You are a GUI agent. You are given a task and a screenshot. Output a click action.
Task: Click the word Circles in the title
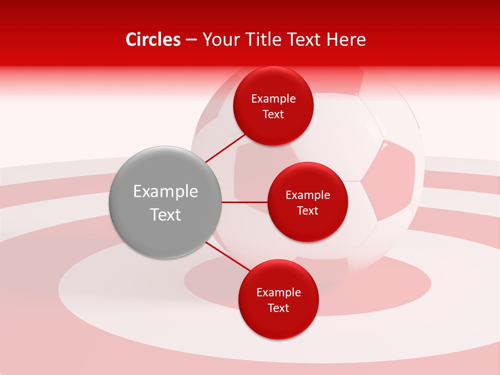[x=153, y=40]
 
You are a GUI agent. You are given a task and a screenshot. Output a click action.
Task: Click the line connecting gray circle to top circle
[x=225, y=148]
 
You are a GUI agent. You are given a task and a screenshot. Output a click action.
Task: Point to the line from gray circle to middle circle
[x=244, y=202]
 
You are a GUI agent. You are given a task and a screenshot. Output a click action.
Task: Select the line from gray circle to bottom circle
[x=227, y=256]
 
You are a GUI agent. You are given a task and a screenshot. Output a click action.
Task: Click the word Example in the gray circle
[x=166, y=192]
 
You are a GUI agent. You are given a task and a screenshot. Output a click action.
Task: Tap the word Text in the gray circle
[x=166, y=215]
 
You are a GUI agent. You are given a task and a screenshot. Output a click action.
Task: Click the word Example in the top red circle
[x=273, y=99]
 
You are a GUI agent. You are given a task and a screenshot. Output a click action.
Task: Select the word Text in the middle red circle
[x=308, y=211]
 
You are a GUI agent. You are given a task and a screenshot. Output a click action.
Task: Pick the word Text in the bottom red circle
[x=279, y=308]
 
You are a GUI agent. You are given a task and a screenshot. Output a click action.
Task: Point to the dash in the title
[x=191, y=40]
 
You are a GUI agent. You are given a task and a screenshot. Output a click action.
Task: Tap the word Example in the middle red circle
[x=308, y=195]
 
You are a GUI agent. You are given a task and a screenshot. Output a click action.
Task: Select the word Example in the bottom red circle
[x=279, y=293]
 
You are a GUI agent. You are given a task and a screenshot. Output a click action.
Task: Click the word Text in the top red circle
[x=273, y=115]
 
